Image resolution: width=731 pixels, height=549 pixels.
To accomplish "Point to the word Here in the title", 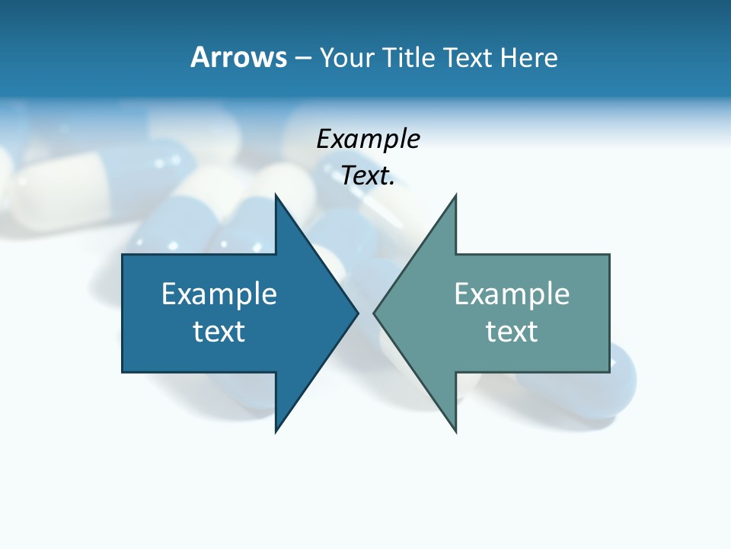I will coord(528,57).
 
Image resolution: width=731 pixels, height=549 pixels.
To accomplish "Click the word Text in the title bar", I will coord(469,57).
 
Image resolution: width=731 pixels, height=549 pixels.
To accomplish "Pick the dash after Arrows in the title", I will coord(303,58).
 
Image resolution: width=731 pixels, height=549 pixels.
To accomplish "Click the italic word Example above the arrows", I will coord(368,139).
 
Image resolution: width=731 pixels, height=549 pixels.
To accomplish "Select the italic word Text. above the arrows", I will coord(368,175).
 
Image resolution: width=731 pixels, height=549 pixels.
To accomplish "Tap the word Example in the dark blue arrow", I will coord(219,294).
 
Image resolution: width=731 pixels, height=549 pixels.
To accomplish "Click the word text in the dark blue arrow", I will coord(219,331).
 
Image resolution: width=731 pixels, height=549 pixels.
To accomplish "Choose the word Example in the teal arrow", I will coord(512,294).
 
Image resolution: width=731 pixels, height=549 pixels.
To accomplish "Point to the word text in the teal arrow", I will coord(512,331).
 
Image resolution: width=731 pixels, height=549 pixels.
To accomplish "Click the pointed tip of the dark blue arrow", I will coord(357,313).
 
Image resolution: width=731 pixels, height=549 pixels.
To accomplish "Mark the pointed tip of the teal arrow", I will coord(375,313).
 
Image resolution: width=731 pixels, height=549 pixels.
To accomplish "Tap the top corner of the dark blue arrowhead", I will coord(276,195).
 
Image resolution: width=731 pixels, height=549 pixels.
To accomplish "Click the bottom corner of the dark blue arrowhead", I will coord(276,432).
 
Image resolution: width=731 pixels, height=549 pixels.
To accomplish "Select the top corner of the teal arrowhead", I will coord(455,195).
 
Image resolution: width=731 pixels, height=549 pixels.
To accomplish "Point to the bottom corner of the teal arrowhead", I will coord(455,432).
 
